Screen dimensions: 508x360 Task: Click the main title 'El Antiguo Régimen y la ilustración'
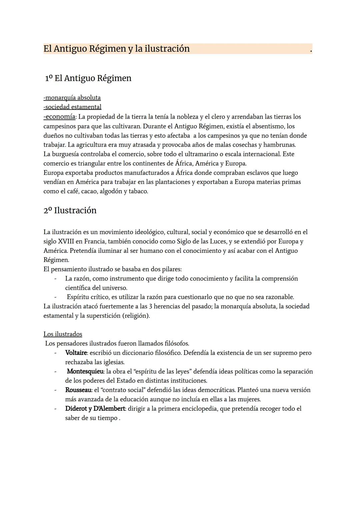click(116, 49)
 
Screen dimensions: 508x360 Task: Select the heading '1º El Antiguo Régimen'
click(88, 78)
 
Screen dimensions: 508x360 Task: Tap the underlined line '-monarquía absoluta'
click(72, 98)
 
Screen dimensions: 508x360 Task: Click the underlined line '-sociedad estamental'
click(72, 107)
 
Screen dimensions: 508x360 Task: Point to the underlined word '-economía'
click(59, 117)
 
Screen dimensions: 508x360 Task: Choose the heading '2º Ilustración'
click(70, 211)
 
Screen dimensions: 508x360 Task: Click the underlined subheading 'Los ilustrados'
click(63, 334)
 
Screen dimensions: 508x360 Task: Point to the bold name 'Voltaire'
click(76, 353)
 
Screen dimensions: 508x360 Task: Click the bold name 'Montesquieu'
click(85, 371)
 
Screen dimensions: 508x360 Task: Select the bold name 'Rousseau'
click(78, 390)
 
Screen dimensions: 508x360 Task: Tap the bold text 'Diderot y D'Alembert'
click(95, 409)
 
